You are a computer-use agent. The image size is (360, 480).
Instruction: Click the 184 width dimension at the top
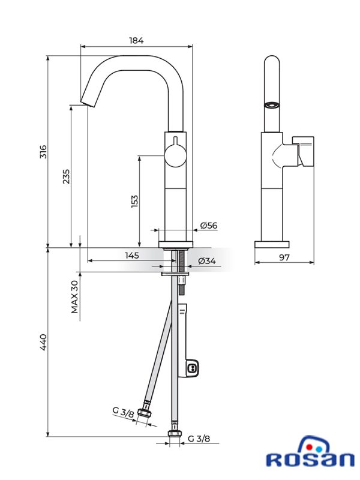click(x=136, y=40)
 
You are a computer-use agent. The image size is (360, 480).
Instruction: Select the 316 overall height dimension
click(x=43, y=152)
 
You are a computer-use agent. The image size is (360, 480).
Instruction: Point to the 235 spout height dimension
click(x=66, y=176)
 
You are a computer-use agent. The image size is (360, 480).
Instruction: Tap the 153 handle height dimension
click(x=134, y=202)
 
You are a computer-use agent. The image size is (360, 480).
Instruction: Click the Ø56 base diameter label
click(x=209, y=226)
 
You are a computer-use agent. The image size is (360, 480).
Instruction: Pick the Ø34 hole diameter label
click(x=207, y=261)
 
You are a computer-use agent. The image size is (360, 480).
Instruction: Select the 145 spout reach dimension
click(x=132, y=255)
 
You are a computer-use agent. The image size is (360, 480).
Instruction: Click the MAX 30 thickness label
click(x=74, y=296)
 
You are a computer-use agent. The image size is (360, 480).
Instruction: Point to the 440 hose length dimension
click(x=43, y=342)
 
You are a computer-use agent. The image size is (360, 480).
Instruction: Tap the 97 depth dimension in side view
click(x=284, y=257)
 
